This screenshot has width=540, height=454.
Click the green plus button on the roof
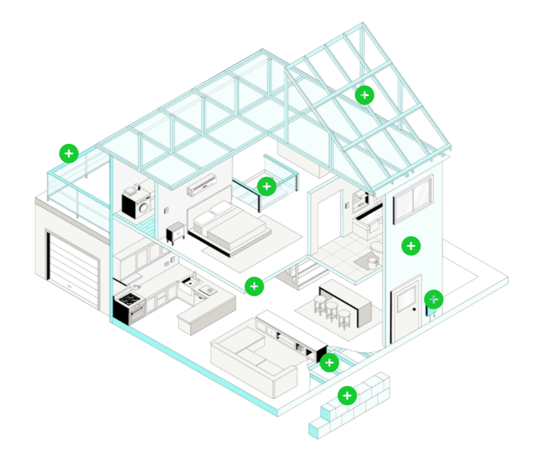(365, 95)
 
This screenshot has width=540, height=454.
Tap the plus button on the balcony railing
(69, 153)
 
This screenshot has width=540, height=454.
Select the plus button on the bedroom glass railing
(266, 186)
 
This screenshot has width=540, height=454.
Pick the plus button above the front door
(411, 246)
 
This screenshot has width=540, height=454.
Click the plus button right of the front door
(434, 299)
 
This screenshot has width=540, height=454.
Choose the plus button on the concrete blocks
(347, 396)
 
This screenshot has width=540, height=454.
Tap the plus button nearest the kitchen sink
(254, 286)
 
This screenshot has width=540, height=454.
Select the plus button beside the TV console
(329, 363)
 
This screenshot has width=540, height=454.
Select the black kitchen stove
(130, 306)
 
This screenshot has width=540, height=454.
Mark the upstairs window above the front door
(414, 199)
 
